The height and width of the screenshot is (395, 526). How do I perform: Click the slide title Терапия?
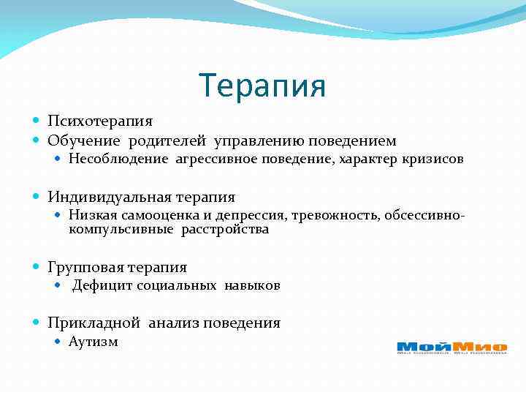click(x=262, y=86)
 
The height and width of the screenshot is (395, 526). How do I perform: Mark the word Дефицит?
click(x=98, y=286)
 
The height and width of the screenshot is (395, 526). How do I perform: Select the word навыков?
click(x=252, y=286)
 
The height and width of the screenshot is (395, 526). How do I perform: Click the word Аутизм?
click(x=93, y=342)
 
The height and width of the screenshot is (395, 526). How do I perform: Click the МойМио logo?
click(x=451, y=347)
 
